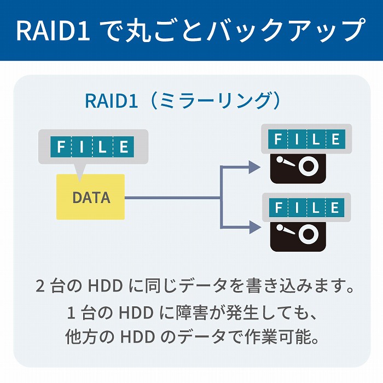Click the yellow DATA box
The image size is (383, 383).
pos(91,197)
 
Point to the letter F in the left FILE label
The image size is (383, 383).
pos(61,147)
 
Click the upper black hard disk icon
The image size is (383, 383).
pos(299,167)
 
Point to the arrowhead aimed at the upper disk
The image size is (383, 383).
pos(253,167)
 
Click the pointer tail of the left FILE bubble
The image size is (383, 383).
pos(81,171)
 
